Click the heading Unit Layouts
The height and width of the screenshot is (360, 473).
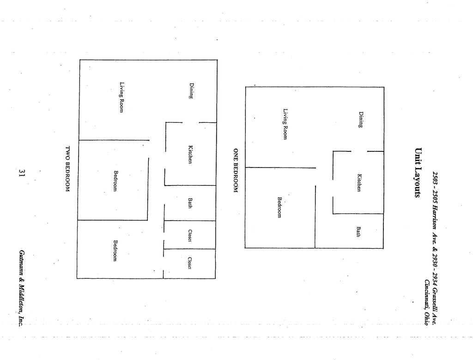coord(418,173)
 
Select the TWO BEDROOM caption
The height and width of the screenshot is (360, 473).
coord(67,169)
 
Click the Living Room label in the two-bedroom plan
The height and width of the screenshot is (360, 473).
coord(121,97)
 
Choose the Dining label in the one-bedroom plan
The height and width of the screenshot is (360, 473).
coord(361,120)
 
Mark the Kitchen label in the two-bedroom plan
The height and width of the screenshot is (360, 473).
coord(190,155)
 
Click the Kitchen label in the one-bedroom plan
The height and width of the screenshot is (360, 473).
coord(358,182)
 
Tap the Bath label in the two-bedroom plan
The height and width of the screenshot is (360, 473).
coord(190,203)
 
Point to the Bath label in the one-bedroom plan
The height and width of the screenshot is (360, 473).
coord(358,231)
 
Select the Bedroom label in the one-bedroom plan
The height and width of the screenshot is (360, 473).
coord(279,207)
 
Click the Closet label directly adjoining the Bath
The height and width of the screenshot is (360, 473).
coord(190,235)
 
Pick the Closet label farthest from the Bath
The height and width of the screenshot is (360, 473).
coord(189,263)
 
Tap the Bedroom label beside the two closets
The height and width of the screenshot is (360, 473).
coord(115,251)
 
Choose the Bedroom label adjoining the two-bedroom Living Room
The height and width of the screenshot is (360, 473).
coord(116,181)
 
